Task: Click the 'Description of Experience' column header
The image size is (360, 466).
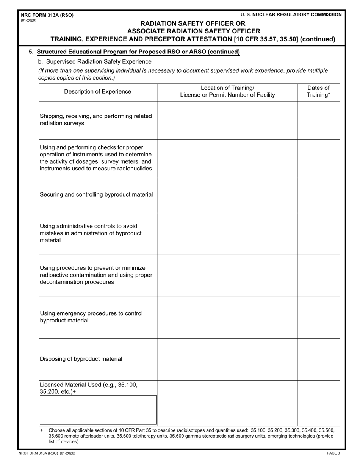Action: [98, 92]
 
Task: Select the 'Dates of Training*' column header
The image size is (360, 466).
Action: [318, 92]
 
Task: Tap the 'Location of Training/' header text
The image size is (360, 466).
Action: [227, 88]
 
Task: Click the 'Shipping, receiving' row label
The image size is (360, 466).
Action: [96, 120]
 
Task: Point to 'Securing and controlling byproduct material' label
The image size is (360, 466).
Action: [97, 195]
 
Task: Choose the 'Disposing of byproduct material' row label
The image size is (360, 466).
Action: [81, 359]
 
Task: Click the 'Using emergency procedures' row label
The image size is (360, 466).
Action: [91, 317]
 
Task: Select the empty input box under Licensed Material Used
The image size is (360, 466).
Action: [98, 410]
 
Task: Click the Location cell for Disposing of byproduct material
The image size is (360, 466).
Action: [227, 359]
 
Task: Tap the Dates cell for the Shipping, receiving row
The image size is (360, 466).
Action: [318, 120]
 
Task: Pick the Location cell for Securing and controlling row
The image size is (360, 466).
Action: [227, 195]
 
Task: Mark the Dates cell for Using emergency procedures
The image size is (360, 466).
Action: [318, 317]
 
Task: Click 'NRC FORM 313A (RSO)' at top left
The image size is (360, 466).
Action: [47, 15]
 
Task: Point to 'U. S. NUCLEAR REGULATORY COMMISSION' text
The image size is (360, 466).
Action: [291, 14]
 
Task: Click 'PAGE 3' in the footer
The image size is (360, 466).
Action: [333, 453]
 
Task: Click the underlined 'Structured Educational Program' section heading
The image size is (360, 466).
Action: [138, 52]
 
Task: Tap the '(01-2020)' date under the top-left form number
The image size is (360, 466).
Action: [29, 20]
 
